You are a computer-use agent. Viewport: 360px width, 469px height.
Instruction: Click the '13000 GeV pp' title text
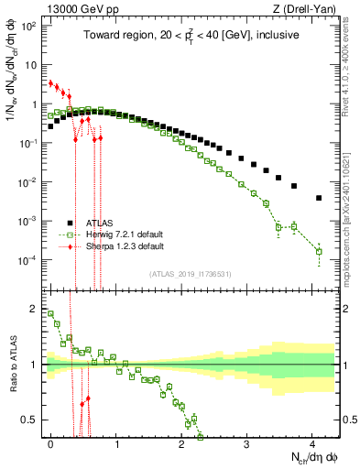pyautogui.click(x=77, y=9)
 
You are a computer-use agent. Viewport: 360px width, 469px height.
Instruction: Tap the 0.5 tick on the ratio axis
pyautogui.click(x=30, y=420)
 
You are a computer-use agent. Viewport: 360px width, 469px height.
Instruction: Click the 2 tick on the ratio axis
pyautogui.click(x=34, y=308)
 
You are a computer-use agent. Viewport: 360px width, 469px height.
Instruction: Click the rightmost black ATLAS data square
pyautogui.click(x=318, y=198)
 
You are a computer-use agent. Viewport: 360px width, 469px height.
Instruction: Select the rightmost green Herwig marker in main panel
pyautogui.click(x=318, y=251)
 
